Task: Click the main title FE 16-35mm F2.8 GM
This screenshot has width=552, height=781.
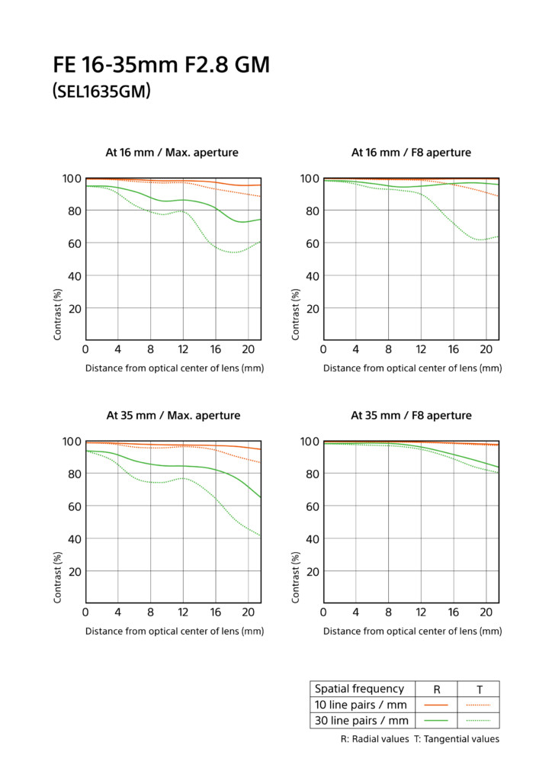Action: point(162,66)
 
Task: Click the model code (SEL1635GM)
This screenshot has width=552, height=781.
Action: point(101,92)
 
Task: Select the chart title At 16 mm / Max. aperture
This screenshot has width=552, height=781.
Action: point(172,153)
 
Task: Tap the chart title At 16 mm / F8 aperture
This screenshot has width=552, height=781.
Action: point(411,153)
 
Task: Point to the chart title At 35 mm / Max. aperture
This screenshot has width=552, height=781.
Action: point(172,416)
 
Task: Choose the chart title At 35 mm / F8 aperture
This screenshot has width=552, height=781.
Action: point(411,416)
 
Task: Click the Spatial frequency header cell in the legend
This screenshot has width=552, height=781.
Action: point(360,689)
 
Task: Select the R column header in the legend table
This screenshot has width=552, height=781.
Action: point(436,689)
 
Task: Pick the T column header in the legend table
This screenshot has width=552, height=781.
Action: point(478,689)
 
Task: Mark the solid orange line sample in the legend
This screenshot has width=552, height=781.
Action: point(435,705)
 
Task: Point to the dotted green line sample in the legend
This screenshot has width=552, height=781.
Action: point(478,721)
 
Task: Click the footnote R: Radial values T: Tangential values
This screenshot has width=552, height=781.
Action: point(419,739)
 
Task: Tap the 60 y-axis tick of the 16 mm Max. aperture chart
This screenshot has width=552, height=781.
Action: point(73,243)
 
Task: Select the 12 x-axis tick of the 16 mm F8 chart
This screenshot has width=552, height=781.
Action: point(421,350)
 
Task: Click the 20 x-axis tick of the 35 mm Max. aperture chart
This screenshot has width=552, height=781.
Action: point(248,613)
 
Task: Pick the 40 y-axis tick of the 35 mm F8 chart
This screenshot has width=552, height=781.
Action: point(311,538)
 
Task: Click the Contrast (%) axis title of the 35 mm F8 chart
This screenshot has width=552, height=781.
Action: point(296,577)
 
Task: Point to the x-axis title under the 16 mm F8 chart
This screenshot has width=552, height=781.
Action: point(412,368)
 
